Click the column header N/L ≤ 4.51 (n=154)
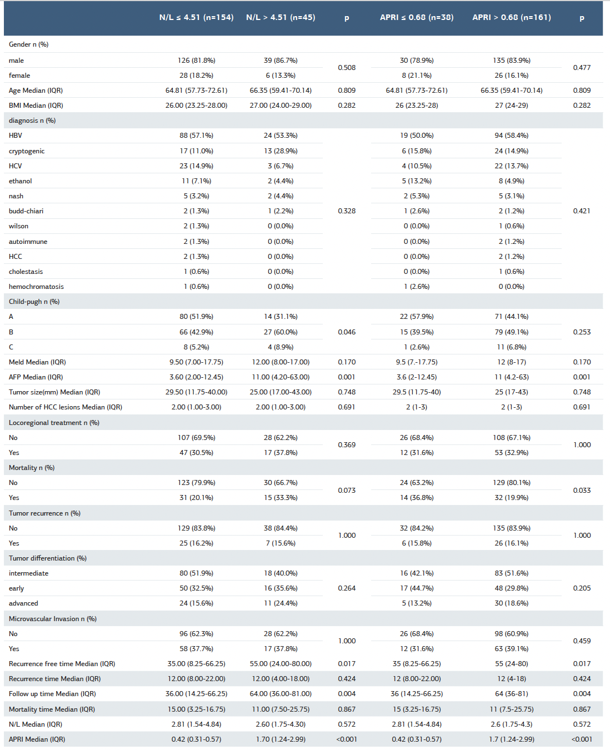(x=196, y=18)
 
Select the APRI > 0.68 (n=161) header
(x=511, y=18)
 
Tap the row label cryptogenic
(x=27, y=151)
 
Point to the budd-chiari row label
(x=26, y=211)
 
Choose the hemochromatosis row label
(x=36, y=287)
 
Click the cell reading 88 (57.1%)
(x=196, y=136)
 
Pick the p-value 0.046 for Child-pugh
(x=347, y=332)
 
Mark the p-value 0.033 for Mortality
(x=582, y=491)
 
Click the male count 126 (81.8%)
(x=196, y=61)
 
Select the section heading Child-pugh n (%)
(x=34, y=302)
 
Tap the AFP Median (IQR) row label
(x=36, y=377)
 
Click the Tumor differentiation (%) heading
(x=48, y=558)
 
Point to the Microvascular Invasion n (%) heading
(x=53, y=619)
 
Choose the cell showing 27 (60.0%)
(x=281, y=332)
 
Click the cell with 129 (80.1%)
(x=511, y=483)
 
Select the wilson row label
(x=18, y=226)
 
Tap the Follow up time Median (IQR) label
(x=52, y=694)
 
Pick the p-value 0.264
(x=347, y=588)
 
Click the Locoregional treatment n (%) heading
(x=54, y=423)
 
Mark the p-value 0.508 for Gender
(x=347, y=68)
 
